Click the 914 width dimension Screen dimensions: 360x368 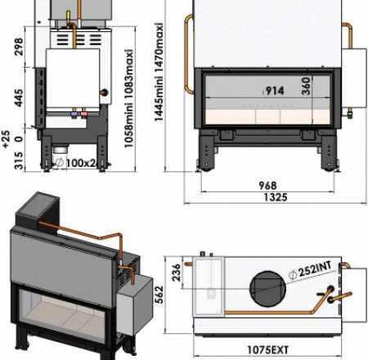point(274,91)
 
